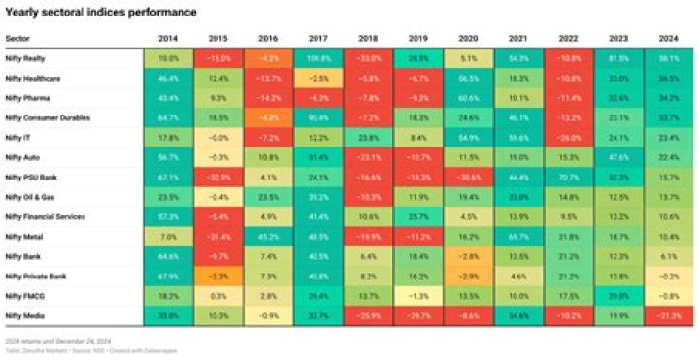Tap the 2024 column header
(x=668, y=38)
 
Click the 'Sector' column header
(x=17, y=38)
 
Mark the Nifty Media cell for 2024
(x=668, y=315)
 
